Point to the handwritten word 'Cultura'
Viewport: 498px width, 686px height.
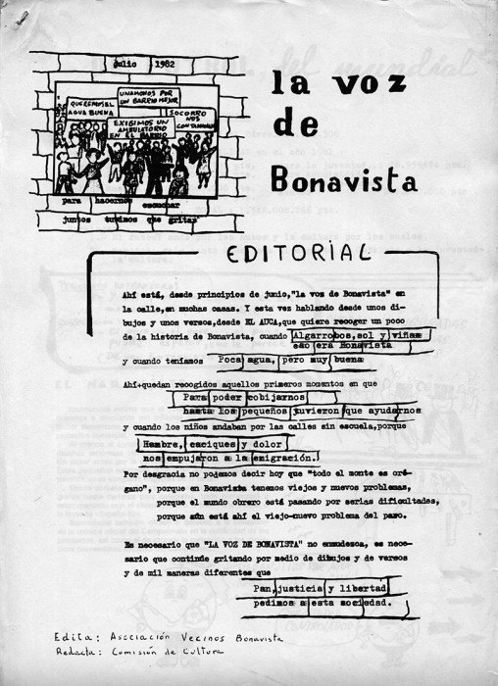203,651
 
